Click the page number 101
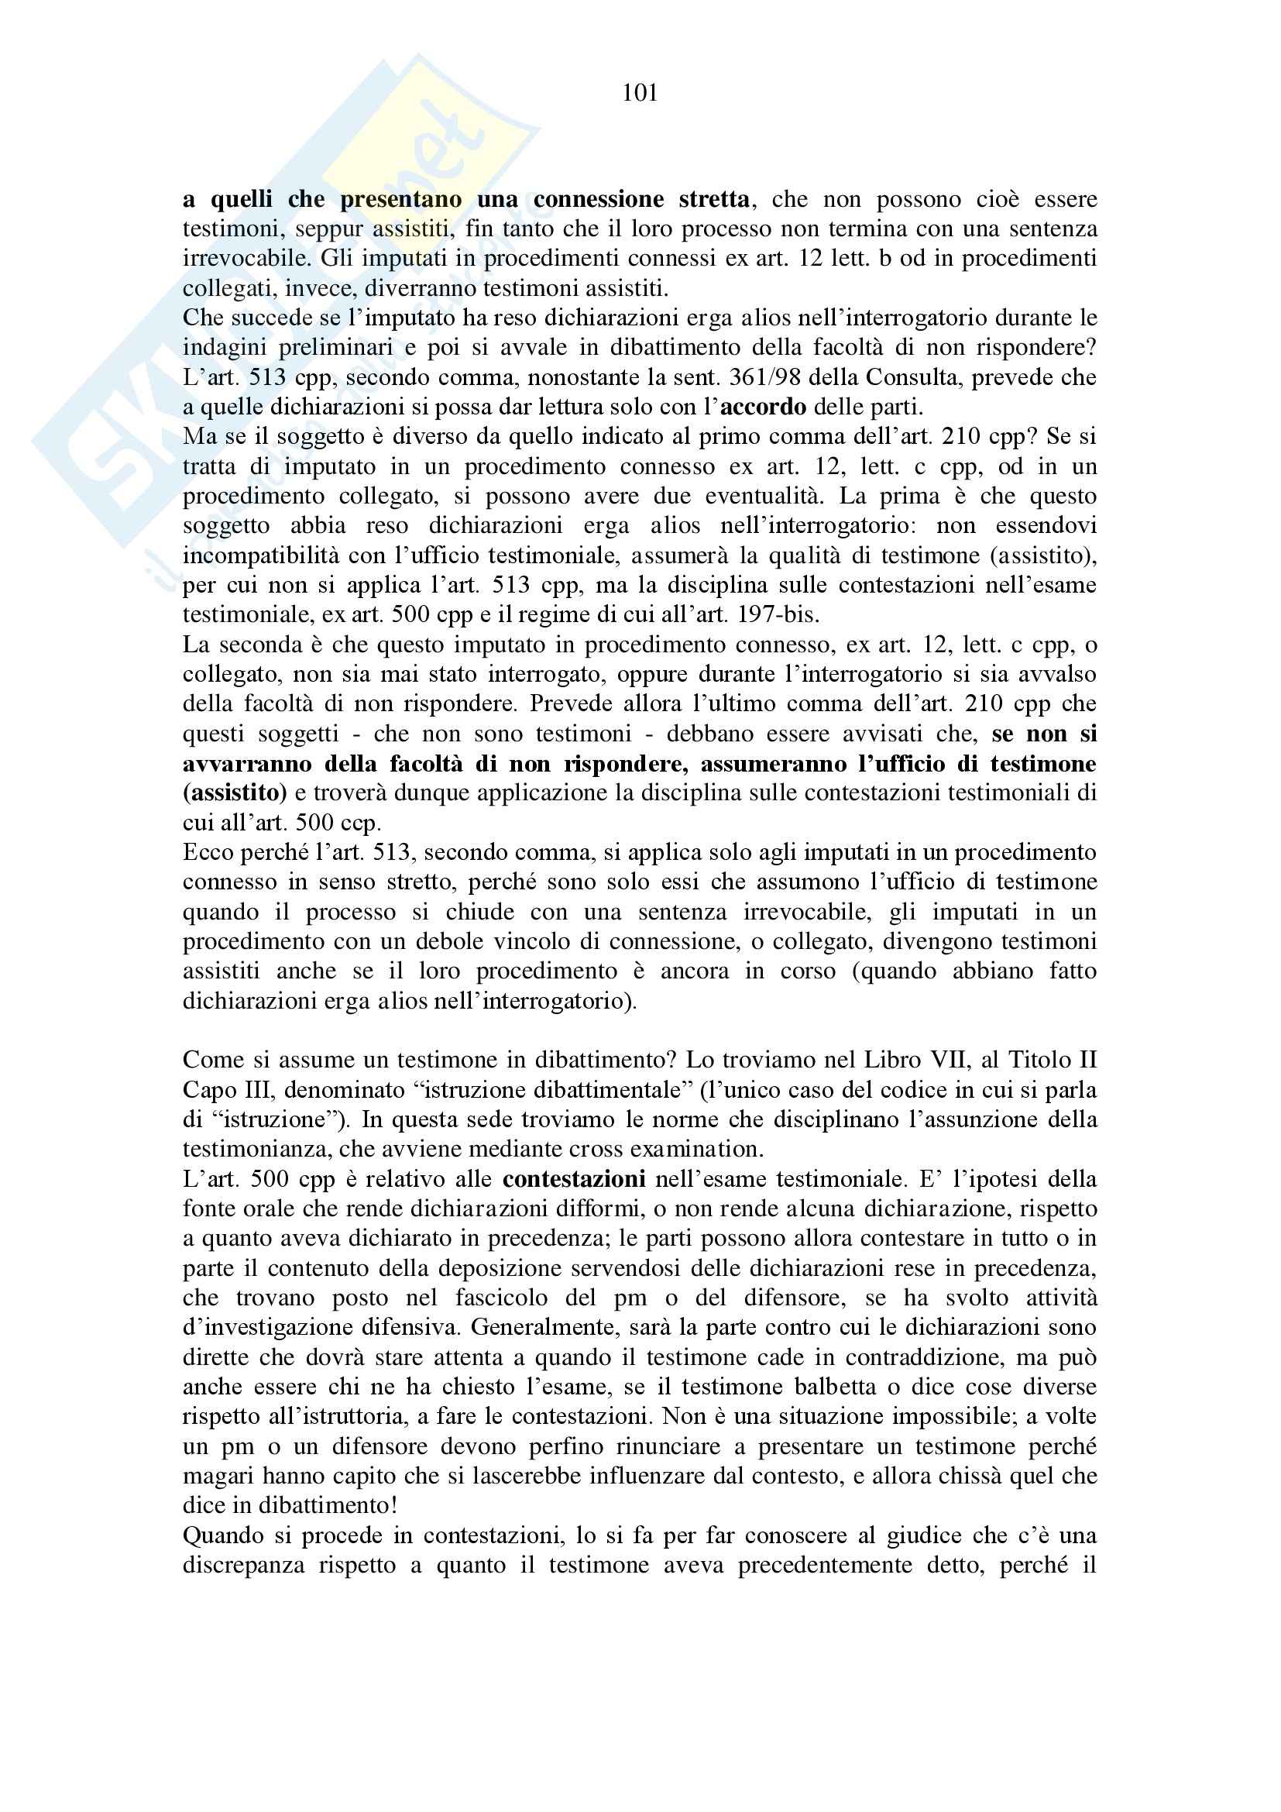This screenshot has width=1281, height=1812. (640, 93)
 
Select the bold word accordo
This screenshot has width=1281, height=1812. (763, 407)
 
